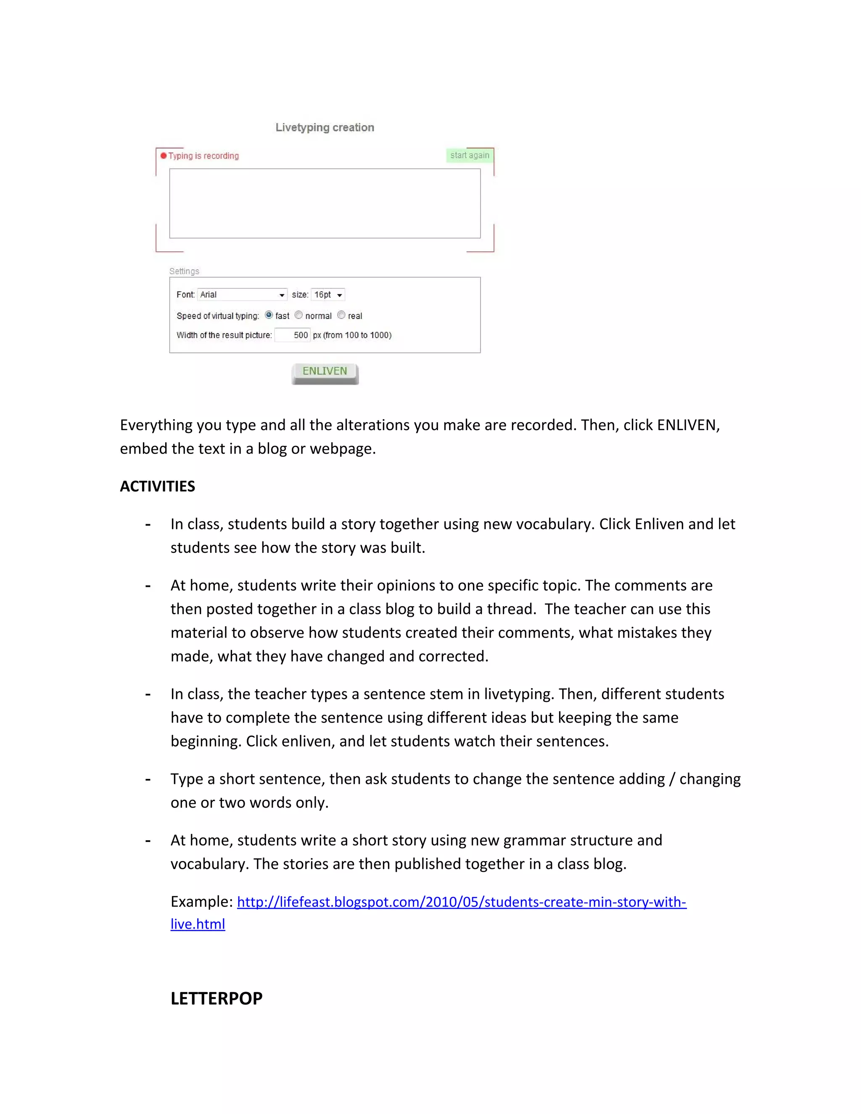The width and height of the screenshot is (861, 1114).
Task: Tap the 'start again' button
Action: (469, 155)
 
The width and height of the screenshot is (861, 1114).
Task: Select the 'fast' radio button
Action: (269, 315)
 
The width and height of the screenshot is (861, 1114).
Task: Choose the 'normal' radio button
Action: (299, 315)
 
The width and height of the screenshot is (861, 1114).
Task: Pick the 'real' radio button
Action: (341, 315)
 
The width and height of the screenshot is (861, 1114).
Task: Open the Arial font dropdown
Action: (242, 295)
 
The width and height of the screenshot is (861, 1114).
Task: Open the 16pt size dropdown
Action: (328, 295)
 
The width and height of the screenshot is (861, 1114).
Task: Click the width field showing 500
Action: (292, 335)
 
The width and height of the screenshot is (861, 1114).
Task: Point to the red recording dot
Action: (164, 156)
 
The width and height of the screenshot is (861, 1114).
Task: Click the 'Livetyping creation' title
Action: (325, 127)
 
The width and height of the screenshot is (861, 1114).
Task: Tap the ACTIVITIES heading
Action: (157, 486)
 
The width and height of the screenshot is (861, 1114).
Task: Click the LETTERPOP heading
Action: (216, 998)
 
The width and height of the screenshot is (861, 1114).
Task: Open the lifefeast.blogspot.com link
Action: (461, 902)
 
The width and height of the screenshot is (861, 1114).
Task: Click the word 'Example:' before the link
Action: (201, 902)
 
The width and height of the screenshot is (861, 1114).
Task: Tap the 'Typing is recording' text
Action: (203, 156)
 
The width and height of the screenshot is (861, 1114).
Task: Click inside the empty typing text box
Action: (325, 203)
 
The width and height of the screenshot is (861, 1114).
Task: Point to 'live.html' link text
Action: (198, 924)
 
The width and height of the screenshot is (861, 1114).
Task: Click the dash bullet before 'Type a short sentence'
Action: (148, 779)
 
